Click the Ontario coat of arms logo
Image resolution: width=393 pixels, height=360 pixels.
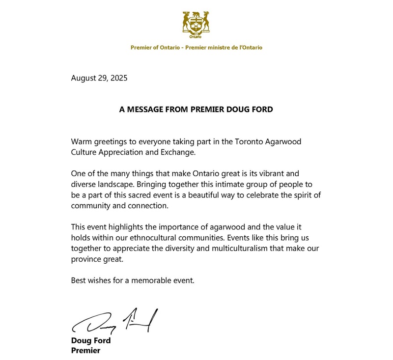[196, 25]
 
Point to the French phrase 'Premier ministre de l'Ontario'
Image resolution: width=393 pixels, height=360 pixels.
[225, 48]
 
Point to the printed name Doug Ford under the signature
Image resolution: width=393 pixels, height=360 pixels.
[91, 341]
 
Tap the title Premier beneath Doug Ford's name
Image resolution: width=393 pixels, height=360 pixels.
[86, 351]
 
